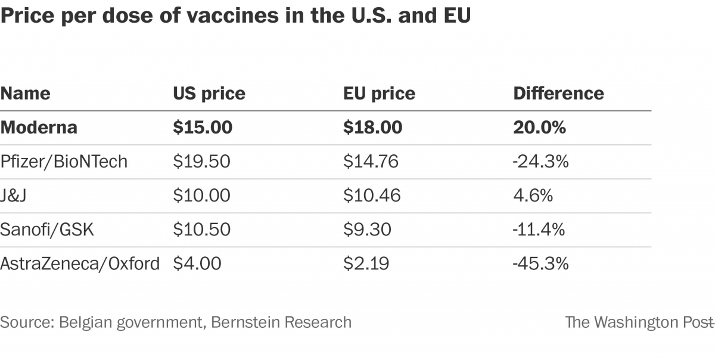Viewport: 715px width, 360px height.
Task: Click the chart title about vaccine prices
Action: coord(235,17)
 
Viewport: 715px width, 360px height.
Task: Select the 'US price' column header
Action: coord(209,94)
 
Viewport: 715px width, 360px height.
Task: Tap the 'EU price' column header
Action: coord(379,94)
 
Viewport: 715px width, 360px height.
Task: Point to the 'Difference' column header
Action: coord(558,94)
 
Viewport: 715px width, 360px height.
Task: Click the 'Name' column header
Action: coord(25,94)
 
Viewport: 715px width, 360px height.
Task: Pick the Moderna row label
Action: coord(39,128)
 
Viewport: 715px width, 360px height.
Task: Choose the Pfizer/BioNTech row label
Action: coord(64,162)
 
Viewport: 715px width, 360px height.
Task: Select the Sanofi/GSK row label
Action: coord(47,229)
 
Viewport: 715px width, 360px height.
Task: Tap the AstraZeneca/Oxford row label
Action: coord(80,263)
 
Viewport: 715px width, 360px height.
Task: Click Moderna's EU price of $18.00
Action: coord(372,128)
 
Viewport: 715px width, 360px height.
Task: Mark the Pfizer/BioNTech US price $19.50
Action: coord(201,162)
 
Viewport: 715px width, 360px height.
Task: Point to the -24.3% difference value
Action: coord(541,162)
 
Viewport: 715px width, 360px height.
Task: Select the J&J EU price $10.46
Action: coord(372,195)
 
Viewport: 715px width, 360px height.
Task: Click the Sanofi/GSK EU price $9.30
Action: coord(367,229)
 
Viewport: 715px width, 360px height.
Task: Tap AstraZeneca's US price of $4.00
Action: coord(197,263)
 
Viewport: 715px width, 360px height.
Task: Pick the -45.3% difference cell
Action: coord(541,263)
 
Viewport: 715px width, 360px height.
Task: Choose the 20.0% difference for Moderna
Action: coord(539,128)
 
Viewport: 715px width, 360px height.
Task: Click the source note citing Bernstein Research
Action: coord(176,322)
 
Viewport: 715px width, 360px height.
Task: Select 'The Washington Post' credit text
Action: coord(638,322)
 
